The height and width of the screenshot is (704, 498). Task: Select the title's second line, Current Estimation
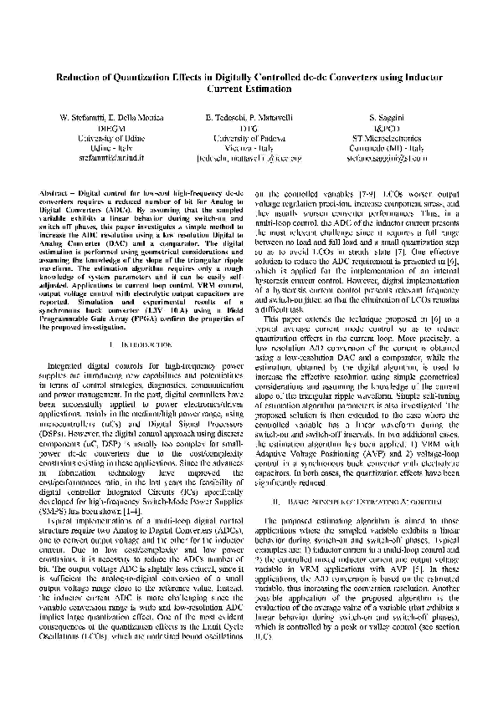click(x=249, y=87)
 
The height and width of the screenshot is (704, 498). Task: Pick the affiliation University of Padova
click(x=249, y=139)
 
